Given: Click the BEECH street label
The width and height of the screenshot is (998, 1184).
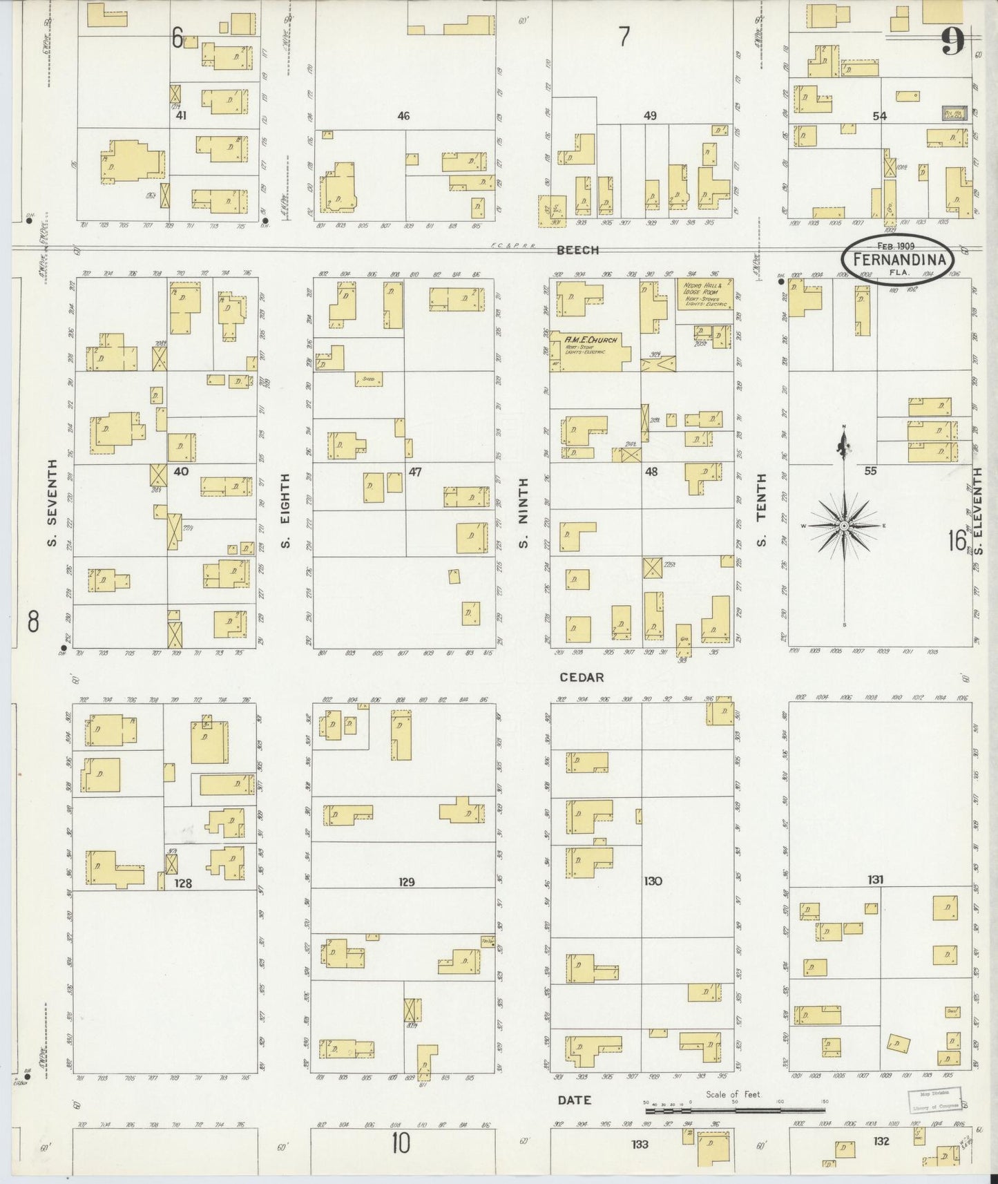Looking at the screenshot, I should [578, 250].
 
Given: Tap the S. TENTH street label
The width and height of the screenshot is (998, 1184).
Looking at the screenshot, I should [762, 510].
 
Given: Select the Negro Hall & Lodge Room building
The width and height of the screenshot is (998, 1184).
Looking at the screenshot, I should [704, 294].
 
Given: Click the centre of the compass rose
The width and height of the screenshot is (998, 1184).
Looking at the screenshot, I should [844, 526].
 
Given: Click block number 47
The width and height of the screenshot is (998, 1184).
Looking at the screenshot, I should [415, 472].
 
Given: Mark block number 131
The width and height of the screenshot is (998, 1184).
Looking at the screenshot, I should [876, 880].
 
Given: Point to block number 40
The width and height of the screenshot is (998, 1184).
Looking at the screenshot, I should [181, 472].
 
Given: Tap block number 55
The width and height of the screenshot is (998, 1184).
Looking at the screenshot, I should [870, 471].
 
